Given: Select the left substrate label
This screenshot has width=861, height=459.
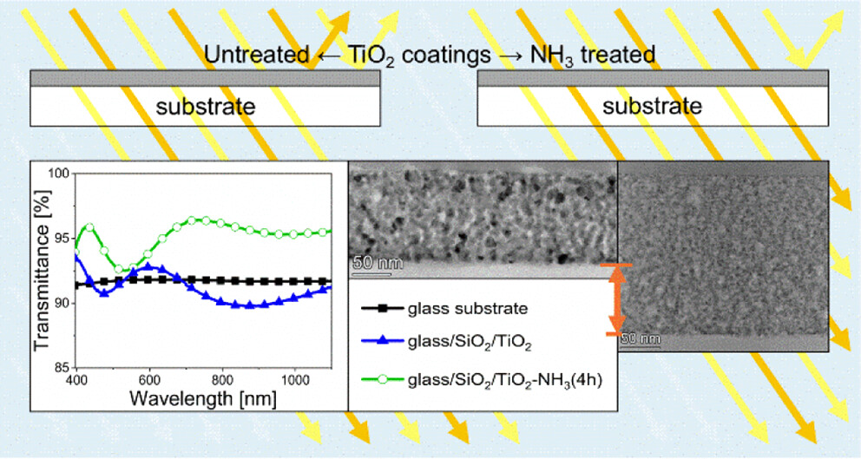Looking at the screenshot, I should click(205, 107).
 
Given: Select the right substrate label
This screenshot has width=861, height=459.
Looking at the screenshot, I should click(652, 107).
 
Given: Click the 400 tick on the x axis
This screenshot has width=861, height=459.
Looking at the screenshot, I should click(78, 379).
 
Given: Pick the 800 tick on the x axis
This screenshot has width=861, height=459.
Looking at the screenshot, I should click(223, 379).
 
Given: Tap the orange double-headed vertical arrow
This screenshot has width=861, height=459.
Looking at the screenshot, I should click(615, 299).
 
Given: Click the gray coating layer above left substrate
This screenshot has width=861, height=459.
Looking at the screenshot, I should click(205, 79).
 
